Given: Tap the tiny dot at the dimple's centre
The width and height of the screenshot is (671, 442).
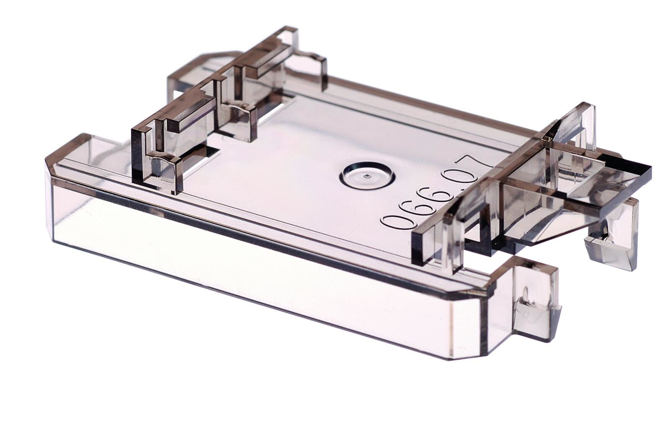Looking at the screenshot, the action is tap(367, 177).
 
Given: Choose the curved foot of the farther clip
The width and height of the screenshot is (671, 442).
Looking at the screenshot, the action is tap(239, 108).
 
